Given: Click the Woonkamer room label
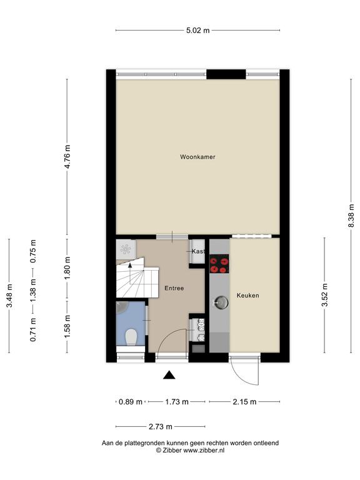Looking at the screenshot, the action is (x=197, y=157).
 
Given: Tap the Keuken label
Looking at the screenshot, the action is (x=247, y=296).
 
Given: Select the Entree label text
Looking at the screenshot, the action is (x=174, y=288).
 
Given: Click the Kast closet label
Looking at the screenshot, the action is (x=198, y=251).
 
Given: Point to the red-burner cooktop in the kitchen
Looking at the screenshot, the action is (x=219, y=264).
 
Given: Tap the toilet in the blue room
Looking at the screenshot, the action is (x=131, y=337).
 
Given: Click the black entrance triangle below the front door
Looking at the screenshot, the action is (x=169, y=375).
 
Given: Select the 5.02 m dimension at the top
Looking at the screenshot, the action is (x=198, y=30).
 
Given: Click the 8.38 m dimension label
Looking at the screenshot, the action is (x=351, y=216).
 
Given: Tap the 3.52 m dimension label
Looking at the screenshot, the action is (x=325, y=295).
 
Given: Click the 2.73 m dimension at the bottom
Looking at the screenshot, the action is (x=161, y=426).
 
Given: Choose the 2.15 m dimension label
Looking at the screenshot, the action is (x=244, y=402).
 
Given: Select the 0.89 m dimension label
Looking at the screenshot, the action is (x=131, y=402).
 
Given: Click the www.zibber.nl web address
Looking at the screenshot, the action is (x=204, y=450).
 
